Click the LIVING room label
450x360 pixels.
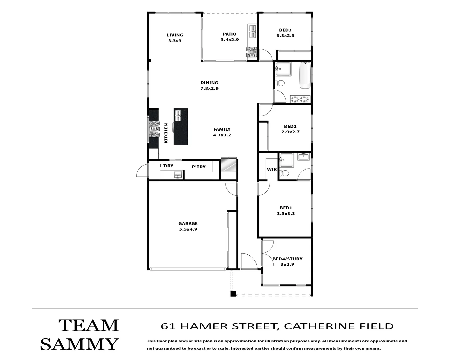[175, 35]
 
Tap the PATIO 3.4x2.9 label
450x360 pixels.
[229, 37]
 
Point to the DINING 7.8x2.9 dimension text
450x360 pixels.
[209, 89]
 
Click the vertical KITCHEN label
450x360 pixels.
[166, 133]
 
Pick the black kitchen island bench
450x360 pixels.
[181, 127]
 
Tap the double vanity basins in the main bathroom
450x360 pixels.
[300, 99]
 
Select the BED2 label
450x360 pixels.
[290, 126]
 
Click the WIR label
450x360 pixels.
[272, 169]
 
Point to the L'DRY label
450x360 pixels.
[167, 166]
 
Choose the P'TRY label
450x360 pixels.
[199, 167]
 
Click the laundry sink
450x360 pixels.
[177, 175]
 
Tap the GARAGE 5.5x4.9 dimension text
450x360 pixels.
[188, 229]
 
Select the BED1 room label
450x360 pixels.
[286, 208]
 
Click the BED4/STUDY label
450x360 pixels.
[287, 259]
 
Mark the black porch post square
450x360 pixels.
[233, 294]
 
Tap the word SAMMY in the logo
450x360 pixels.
[79, 344]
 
